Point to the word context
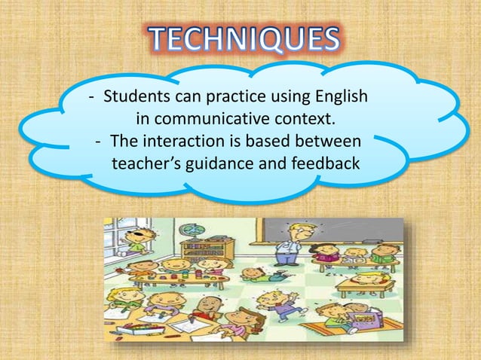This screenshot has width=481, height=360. tap(307, 120)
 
